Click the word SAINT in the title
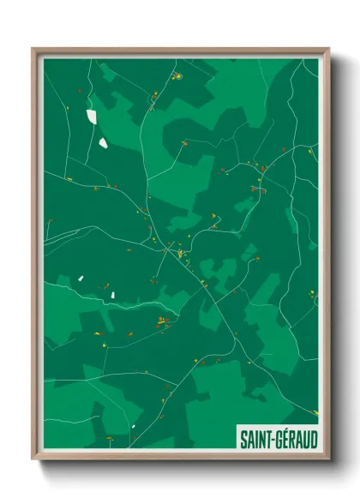tap(254, 439)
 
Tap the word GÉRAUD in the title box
tap(296, 439)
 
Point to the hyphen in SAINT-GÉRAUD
tap(273, 440)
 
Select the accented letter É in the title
tap(285, 439)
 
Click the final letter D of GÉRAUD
tap(313, 439)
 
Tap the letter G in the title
tap(279, 439)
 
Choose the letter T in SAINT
tap(267, 439)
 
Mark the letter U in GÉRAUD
tap(306, 439)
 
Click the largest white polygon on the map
tap(92, 116)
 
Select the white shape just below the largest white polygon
tap(103, 141)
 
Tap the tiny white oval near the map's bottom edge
tap(134, 425)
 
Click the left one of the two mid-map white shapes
tap(79, 277)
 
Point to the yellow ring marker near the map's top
tap(179, 76)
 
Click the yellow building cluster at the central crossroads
tap(181, 254)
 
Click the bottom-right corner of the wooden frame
tap(328, 459)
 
